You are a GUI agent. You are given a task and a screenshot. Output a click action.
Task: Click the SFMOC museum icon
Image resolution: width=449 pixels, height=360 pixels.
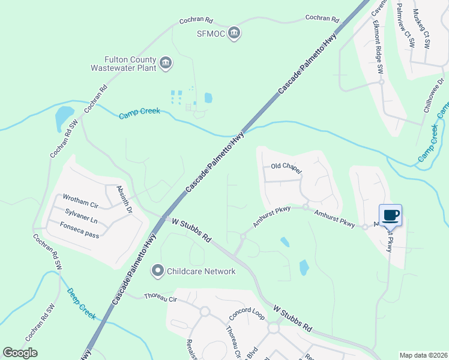click(x=235, y=34)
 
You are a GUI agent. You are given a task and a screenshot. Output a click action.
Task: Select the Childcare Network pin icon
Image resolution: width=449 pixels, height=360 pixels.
click(x=157, y=271)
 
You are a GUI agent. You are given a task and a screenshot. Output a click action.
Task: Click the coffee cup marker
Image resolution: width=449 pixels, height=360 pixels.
click(x=390, y=215)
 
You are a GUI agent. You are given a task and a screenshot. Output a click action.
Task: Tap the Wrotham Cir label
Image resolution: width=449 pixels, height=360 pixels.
click(x=80, y=198)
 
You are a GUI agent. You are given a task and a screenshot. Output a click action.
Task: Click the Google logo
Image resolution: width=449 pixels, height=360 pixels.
click(x=20, y=353)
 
